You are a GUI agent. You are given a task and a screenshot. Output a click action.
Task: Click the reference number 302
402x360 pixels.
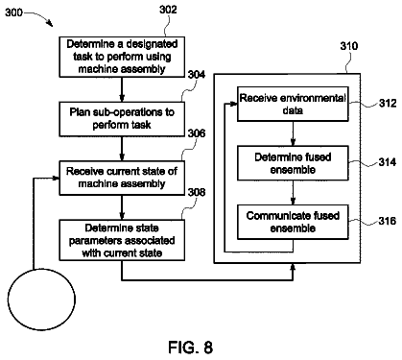click(x=168, y=10)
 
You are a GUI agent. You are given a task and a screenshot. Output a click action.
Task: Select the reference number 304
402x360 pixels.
click(x=196, y=75)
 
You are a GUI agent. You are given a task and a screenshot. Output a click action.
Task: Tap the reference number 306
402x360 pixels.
click(x=196, y=133)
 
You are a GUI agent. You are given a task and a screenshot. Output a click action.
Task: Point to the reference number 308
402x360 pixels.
click(x=196, y=192)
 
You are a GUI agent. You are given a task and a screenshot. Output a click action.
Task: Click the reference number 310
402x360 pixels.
click(x=349, y=46)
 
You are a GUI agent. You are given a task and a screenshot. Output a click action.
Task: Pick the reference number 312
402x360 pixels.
click(x=388, y=103)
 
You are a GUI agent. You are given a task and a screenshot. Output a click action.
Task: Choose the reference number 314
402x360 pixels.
click(x=388, y=162)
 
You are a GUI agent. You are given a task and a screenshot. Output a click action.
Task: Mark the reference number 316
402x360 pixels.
click(x=388, y=221)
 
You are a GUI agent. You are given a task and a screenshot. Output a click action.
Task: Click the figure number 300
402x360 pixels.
click(x=13, y=12)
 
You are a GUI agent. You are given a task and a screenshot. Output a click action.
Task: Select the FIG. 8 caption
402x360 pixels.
click(x=191, y=347)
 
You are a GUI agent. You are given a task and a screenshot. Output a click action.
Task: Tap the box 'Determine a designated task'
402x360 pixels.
click(x=122, y=57)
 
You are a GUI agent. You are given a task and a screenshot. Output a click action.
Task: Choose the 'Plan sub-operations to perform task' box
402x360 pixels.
click(x=122, y=119)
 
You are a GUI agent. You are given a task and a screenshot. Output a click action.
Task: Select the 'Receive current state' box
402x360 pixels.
click(x=122, y=178)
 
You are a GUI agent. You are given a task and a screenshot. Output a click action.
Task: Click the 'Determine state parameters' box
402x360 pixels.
click(x=122, y=240)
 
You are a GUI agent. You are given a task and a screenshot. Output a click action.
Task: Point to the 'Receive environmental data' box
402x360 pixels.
click(x=293, y=104)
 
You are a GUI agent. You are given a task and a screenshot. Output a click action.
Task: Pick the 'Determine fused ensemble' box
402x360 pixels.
click(x=293, y=163)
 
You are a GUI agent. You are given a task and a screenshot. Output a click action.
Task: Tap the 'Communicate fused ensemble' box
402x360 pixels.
click(x=293, y=222)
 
